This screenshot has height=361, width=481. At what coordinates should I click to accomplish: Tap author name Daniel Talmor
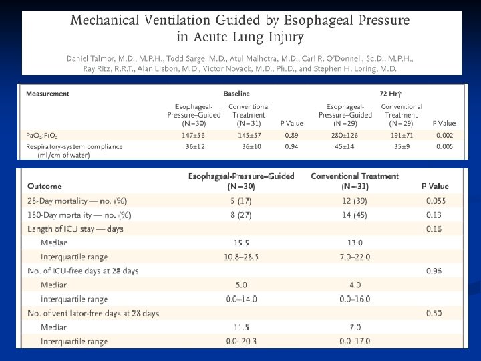[93, 59]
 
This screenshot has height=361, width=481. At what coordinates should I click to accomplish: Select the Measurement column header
[47, 94]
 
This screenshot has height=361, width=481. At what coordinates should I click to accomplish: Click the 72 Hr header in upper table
[390, 94]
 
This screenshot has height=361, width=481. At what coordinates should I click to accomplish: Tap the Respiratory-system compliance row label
[74, 146]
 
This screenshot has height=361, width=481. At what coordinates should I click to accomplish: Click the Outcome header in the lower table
[45, 187]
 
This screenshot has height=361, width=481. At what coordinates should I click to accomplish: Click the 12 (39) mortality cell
[355, 201]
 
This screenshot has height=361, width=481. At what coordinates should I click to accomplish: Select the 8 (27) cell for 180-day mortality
[241, 215]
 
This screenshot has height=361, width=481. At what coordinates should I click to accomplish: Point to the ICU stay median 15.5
[241, 243]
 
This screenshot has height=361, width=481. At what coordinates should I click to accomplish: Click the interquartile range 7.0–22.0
[355, 257]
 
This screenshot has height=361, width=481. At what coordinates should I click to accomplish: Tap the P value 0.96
[436, 271]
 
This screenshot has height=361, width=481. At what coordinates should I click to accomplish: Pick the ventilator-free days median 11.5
[241, 328]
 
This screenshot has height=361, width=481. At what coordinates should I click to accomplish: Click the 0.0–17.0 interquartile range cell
[355, 342]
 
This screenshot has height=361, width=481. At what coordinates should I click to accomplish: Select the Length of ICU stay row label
[75, 229]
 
